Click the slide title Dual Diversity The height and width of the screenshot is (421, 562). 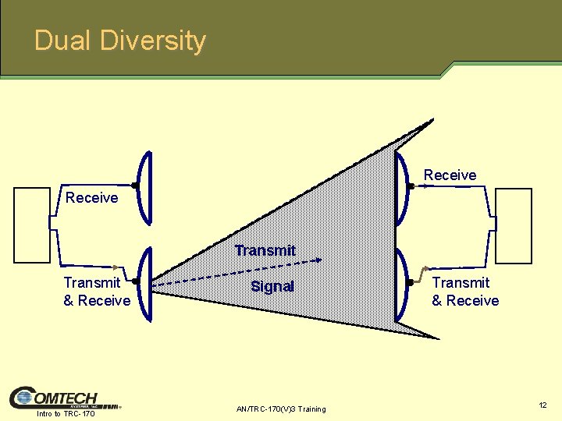click(x=120, y=41)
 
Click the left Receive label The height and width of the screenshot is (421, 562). click(x=91, y=198)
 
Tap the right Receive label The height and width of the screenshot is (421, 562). click(x=450, y=175)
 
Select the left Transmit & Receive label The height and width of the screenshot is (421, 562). click(x=96, y=292)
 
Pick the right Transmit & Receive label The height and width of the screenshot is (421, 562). click(x=465, y=292)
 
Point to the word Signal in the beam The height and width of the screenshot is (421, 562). click(x=272, y=286)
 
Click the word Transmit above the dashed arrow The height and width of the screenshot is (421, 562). click(x=265, y=250)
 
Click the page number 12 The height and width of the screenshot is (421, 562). click(x=542, y=405)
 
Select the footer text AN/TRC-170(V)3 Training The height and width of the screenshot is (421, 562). click(x=280, y=409)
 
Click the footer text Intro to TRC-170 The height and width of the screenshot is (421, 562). click(x=66, y=413)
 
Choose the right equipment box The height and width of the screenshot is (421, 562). click(x=514, y=226)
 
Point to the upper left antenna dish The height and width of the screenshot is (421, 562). click(x=146, y=186)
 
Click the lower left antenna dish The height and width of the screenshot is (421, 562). click(x=146, y=282)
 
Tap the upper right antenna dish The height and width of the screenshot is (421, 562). click(x=400, y=186)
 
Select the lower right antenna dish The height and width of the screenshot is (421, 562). click(x=402, y=283)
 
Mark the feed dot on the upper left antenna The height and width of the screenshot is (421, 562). click(x=135, y=186)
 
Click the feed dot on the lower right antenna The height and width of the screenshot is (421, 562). click(x=411, y=282)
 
